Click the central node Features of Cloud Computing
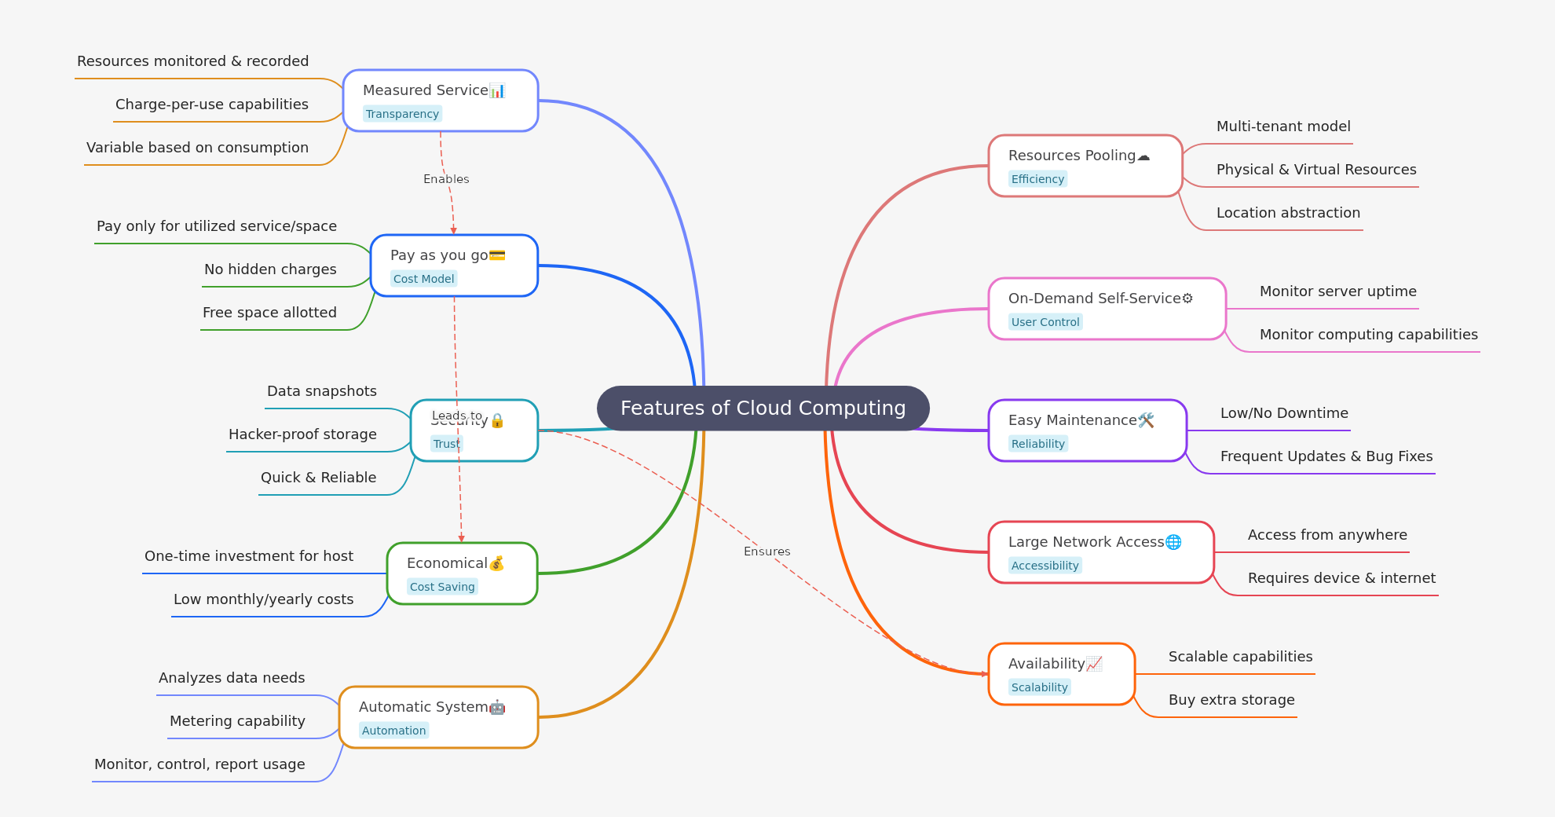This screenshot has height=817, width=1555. [x=763, y=408]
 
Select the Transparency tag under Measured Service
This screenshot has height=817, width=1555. [x=402, y=114]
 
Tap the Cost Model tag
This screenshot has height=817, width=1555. [x=423, y=279]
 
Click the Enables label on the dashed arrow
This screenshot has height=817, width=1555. [x=446, y=179]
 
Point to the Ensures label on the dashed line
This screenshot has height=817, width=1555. [x=767, y=551]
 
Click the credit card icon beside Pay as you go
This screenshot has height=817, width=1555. [x=497, y=255]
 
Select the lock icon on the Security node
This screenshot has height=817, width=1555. [x=497, y=421]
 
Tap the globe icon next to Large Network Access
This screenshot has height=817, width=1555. [x=1173, y=542]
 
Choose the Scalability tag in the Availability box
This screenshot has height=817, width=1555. [x=1039, y=687]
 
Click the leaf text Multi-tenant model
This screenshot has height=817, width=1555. [x=1283, y=126]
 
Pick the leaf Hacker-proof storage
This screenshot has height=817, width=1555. [x=302, y=434]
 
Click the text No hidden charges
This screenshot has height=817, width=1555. [x=270, y=269]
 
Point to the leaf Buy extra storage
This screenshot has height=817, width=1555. [x=1231, y=700]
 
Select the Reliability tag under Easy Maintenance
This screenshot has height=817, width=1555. [x=1037, y=444]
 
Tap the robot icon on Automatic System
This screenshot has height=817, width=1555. [x=497, y=707]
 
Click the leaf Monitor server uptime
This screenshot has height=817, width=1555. [x=1337, y=291]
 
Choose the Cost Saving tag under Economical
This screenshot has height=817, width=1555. [x=442, y=587]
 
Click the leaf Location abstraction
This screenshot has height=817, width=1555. [x=1288, y=213]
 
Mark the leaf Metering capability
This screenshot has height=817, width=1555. [x=237, y=721]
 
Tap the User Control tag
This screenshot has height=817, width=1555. [x=1045, y=322]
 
